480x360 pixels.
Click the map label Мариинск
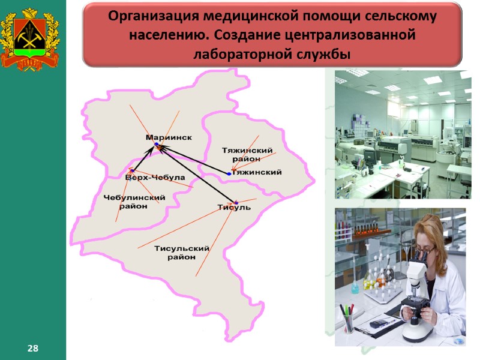(x=169, y=137)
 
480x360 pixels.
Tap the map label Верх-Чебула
(x=155, y=178)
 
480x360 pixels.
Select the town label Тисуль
(x=234, y=208)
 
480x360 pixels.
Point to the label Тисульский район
(x=182, y=253)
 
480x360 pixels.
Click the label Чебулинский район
(x=134, y=202)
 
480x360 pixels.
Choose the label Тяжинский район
(x=247, y=154)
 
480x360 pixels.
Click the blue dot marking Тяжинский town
(x=229, y=173)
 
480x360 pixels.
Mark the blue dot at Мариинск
(x=155, y=145)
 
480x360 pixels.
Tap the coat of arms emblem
(x=32, y=37)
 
